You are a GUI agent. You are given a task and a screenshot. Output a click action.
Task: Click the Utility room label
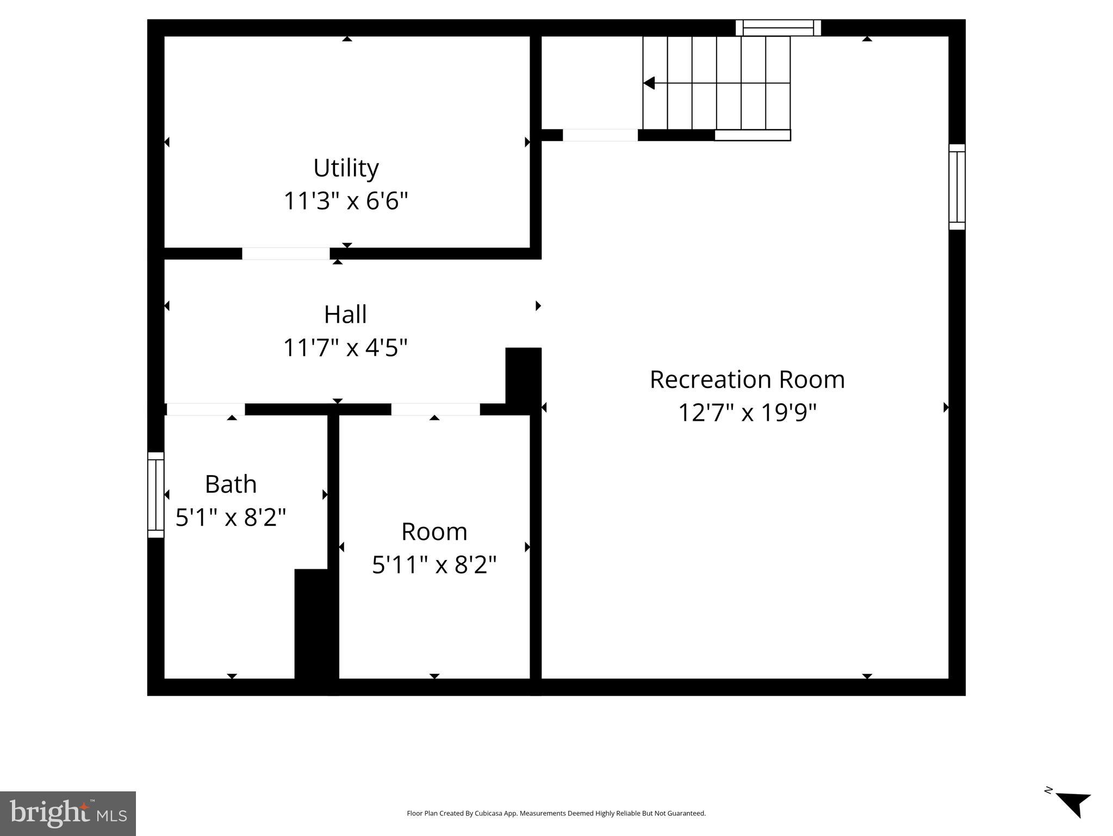click(x=346, y=168)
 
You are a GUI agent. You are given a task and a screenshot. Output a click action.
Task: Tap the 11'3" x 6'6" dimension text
click(x=346, y=201)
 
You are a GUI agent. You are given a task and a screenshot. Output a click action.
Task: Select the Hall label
click(x=345, y=315)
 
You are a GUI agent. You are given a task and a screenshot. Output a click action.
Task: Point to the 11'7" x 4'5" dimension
click(x=345, y=348)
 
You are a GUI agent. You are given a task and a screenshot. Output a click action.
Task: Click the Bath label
click(x=231, y=484)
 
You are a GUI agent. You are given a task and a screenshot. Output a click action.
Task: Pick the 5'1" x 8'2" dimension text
click(x=231, y=517)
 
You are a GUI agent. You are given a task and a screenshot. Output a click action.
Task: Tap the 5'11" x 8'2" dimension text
click(x=434, y=565)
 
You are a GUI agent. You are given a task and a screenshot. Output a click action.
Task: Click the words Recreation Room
click(x=747, y=380)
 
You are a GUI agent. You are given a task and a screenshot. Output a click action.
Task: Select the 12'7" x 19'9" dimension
click(x=747, y=413)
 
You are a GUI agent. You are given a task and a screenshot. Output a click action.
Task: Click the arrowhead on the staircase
click(x=649, y=83)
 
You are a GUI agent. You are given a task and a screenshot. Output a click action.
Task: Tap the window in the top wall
click(x=778, y=28)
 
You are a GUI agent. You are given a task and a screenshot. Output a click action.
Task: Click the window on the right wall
click(x=957, y=187)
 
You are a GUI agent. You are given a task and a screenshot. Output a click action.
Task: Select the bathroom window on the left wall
click(x=156, y=495)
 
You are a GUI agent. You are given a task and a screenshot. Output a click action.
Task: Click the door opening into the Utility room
click(x=286, y=254)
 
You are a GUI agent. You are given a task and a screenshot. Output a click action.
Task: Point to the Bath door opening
click(x=206, y=409)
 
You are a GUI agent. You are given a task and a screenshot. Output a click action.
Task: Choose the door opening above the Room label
click(x=436, y=409)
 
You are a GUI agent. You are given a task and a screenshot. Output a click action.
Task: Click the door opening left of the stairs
click(x=600, y=135)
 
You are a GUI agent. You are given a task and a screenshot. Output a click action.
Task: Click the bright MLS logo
click(x=68, y=813)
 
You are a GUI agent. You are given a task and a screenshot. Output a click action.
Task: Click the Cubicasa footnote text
click(x=556, y=813)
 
